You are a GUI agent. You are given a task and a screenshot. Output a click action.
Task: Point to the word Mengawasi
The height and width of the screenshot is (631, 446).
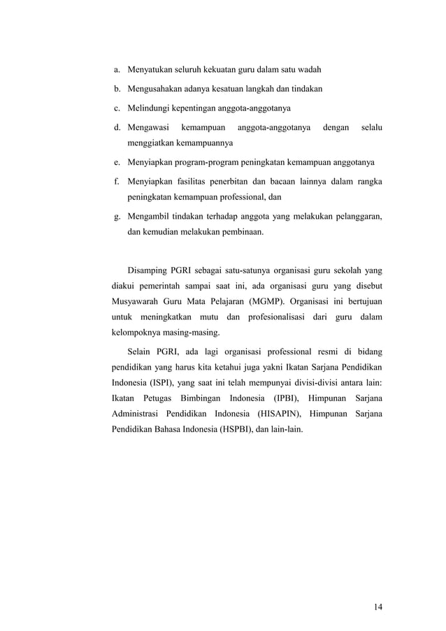(x=147, y=128)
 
